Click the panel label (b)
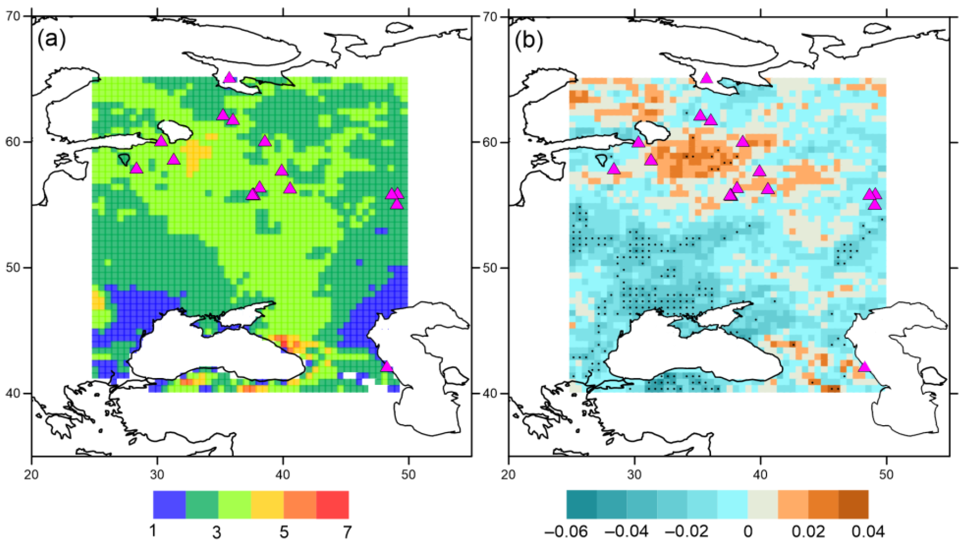point(528,40)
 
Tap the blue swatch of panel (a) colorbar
point(169,504)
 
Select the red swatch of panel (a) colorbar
point(332,504)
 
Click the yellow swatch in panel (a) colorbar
point(267,504)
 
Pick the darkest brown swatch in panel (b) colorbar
point(853,504)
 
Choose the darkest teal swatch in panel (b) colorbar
point(581,504)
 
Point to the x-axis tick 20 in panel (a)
point(32,474)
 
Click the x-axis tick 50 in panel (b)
point(886,474)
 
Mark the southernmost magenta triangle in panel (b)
point(864,367)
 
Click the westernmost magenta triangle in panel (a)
point(136,169)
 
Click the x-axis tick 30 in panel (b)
point(634,474)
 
